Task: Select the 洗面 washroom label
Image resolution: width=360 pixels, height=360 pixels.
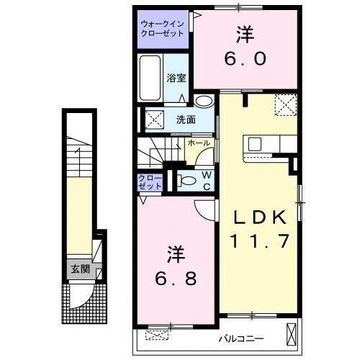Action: pos(186,120)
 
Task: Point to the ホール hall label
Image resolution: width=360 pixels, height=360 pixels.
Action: pos(198,143)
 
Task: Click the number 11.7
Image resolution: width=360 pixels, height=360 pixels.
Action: pos(260,241)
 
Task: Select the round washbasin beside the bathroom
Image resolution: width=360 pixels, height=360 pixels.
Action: pos(203,102)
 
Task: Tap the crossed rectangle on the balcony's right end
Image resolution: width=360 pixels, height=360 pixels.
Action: pos(291,333)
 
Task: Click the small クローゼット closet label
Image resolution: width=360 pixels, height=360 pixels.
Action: pos(150,181)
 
